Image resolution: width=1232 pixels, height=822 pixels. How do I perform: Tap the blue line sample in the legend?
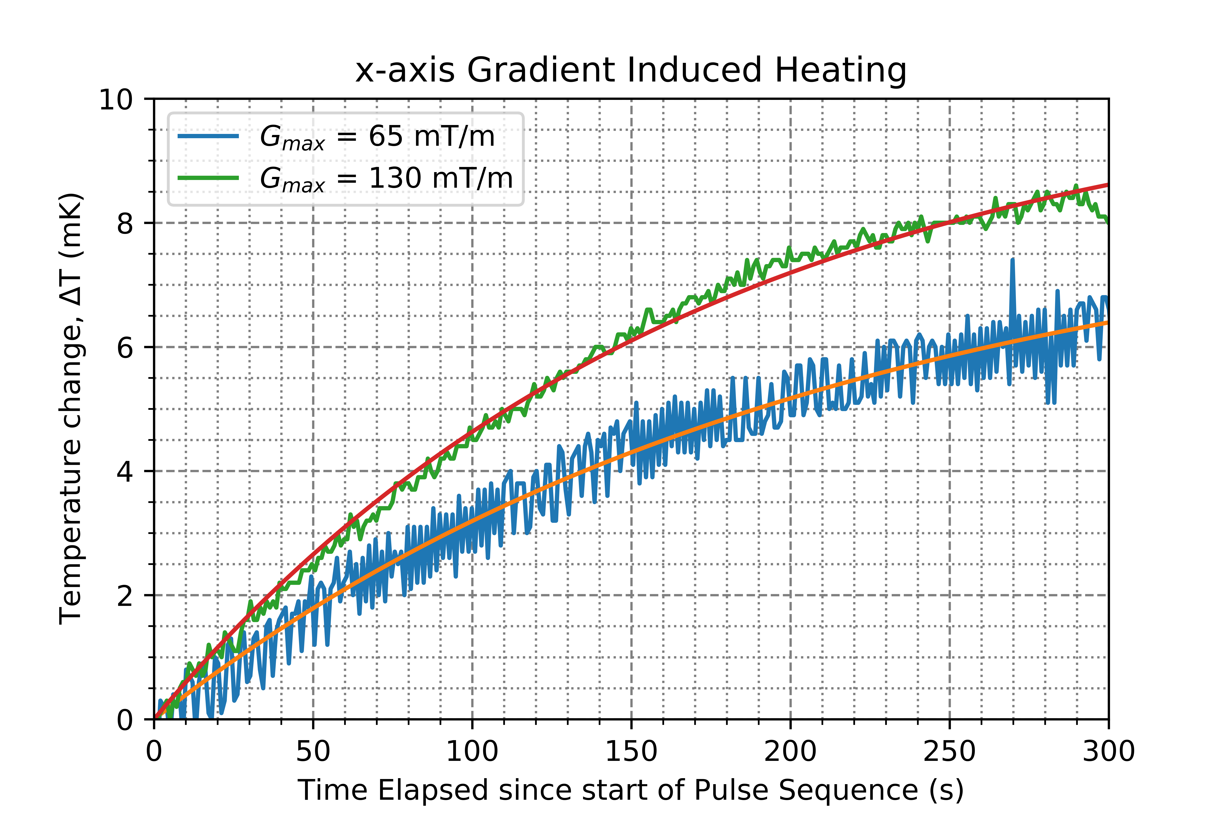208,136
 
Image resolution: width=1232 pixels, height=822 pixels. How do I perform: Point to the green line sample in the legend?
208,178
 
